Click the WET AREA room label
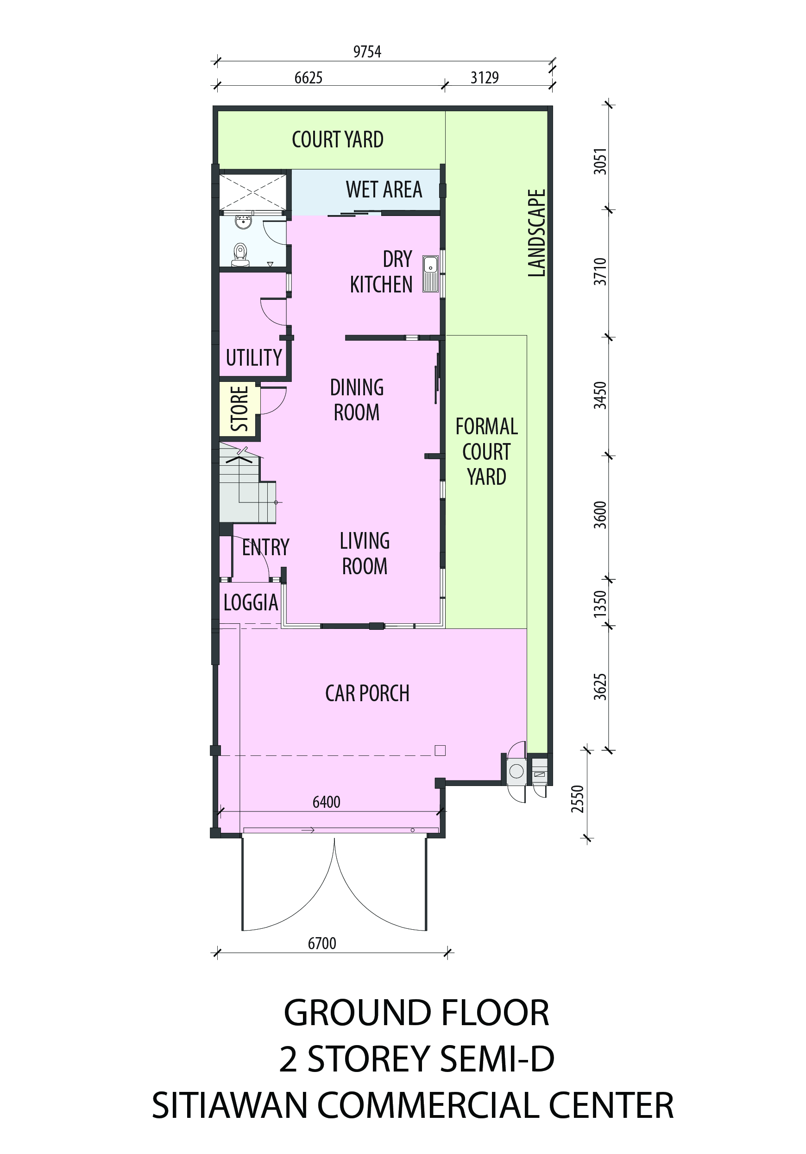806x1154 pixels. tap(384, 190)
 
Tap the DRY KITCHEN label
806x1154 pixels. tap(381, 272)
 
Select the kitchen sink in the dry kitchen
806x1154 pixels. tap(430, 273)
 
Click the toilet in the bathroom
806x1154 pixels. tap(240, 254)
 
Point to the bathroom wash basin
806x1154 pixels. tap(243, 222)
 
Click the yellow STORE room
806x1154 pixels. tap(239, 409)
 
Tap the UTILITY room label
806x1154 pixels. tap(254, 358)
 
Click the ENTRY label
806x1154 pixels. tap(265, 547)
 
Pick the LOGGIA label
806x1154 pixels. tap(251, 602)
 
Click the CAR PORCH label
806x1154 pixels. tap(367, 694)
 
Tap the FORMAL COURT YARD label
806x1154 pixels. tap(486, 451)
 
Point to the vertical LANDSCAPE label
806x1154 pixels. tap(536, 233)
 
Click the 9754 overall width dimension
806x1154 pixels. tap(367, 52)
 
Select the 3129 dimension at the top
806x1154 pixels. tap(485, 78)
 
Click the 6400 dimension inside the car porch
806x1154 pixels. tap(326, 802)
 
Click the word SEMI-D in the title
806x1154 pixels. tap(490, 1059)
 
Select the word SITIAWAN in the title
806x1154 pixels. tap(230, 1105)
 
